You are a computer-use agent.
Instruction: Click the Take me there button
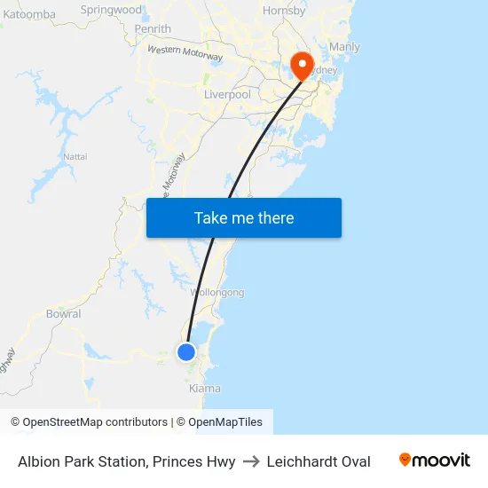pyautogui.click(x=244, y=218)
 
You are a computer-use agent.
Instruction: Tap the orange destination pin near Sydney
pyautogui.click(x=301, y=63)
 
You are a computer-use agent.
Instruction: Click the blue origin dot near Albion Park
pyautogui.click(x=186, y=352)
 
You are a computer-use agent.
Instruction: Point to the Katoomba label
pyautogui.click(x=29, y=14)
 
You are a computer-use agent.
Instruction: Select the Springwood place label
pyautogui.click(x=111, y=10)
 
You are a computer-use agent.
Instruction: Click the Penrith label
pyautogui.click(x=153, y=29)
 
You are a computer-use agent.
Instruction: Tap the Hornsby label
pyautogui.click(x=284, y=11)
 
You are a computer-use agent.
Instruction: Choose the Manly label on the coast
pyautogui.click(x=344, y=46)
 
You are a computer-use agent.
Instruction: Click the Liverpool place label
pyautogui.click(x=227, y=94)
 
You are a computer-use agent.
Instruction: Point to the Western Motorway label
pyautogui.click(x=185, y=53)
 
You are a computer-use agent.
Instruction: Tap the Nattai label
pyautogui.click(x=75, y=156)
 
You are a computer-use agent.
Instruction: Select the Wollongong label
pyautogui.click(x=217, y=293)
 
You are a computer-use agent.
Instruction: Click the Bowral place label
pyautogui.click(x=63, y=314)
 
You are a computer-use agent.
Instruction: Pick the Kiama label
pyautogui.click(x=204, y=389)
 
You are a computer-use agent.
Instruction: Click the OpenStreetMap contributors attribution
pyautogui.click(x=89, y=422)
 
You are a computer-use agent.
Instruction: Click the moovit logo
pyautogui.click(x=434, y=460)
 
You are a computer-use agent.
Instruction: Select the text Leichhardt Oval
pyautogui.click(x=319, y=461)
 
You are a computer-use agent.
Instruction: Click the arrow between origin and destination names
pyautogui.click(x=251, y=461)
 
